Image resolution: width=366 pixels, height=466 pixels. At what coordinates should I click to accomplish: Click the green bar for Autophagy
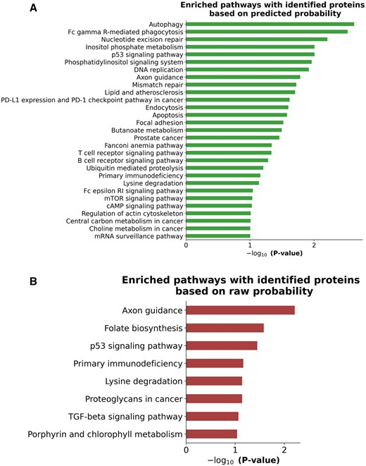[x=270, y=24]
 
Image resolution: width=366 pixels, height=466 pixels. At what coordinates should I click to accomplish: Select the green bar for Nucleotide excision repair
[x=257, y=39]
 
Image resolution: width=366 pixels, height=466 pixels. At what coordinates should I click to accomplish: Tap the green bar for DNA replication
[x=247, y=70]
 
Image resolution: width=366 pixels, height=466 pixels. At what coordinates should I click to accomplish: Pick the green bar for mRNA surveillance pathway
[x=218, y=236]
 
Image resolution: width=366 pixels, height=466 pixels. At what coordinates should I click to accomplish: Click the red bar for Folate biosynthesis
[x=225, y=328]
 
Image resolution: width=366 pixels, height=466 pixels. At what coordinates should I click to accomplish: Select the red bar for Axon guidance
[x=240, y=310]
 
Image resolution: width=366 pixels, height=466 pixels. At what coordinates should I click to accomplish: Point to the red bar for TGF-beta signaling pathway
[x=212, y=417]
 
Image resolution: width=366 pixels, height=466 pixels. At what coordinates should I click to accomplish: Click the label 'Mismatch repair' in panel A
[x=158, y=85]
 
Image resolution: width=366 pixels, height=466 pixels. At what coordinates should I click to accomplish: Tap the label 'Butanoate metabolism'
[x=147, y=130]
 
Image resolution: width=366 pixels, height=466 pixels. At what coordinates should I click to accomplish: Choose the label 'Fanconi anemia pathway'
[x=144, y=146]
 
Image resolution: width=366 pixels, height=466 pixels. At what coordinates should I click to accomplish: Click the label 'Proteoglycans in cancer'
[x=134, y=399]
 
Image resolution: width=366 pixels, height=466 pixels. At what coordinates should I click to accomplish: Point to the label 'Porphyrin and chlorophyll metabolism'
[x=105, y=434]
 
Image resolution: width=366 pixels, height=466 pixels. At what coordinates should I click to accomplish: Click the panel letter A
[x=34, y=8]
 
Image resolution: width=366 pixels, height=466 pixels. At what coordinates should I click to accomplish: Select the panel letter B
[x=33, y=281]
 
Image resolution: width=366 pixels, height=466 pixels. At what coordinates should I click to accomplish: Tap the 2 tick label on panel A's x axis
[x=314, y=245]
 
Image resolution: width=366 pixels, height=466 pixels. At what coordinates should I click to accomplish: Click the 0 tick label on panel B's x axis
[x=187, y=450]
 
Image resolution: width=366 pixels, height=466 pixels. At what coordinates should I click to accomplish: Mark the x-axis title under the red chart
[x=244, y=460]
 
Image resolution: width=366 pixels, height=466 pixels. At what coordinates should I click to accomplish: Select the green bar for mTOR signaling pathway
[x=219, y=198]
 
